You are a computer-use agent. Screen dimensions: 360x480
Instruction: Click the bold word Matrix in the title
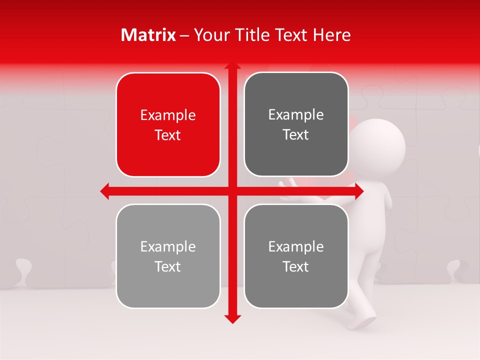pyautogui.click(x=148, y=35)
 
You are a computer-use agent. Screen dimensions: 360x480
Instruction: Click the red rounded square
pyautogui.click(x=168, y=125)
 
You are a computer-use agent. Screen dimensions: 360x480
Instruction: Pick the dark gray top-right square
pyautogui.click(x=296, y=124)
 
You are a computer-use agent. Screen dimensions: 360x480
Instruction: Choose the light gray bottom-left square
pyautogui.click(x=168, y=256)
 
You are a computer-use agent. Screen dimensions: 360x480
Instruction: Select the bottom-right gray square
pyautogui.click(x=296, y=256)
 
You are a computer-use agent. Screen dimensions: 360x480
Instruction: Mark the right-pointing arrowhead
pyautogui.click(x=359, y=191)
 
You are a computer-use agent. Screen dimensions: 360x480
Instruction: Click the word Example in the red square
pyautogui.click(x=168, y=115)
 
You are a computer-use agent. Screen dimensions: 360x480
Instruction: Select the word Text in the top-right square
pyautogui.click(x=296, y=135)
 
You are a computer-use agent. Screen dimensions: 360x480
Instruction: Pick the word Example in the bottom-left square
pyautogui.click(x=168, y=246)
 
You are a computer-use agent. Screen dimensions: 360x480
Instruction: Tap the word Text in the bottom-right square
pyautogui.click(x=296, y=266)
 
